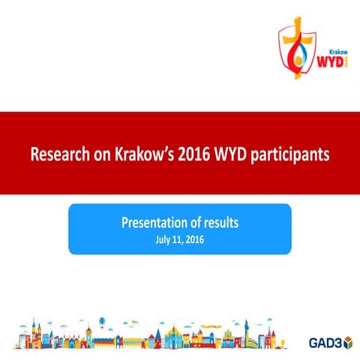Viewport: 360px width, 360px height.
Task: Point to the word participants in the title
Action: click(293, 154)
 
